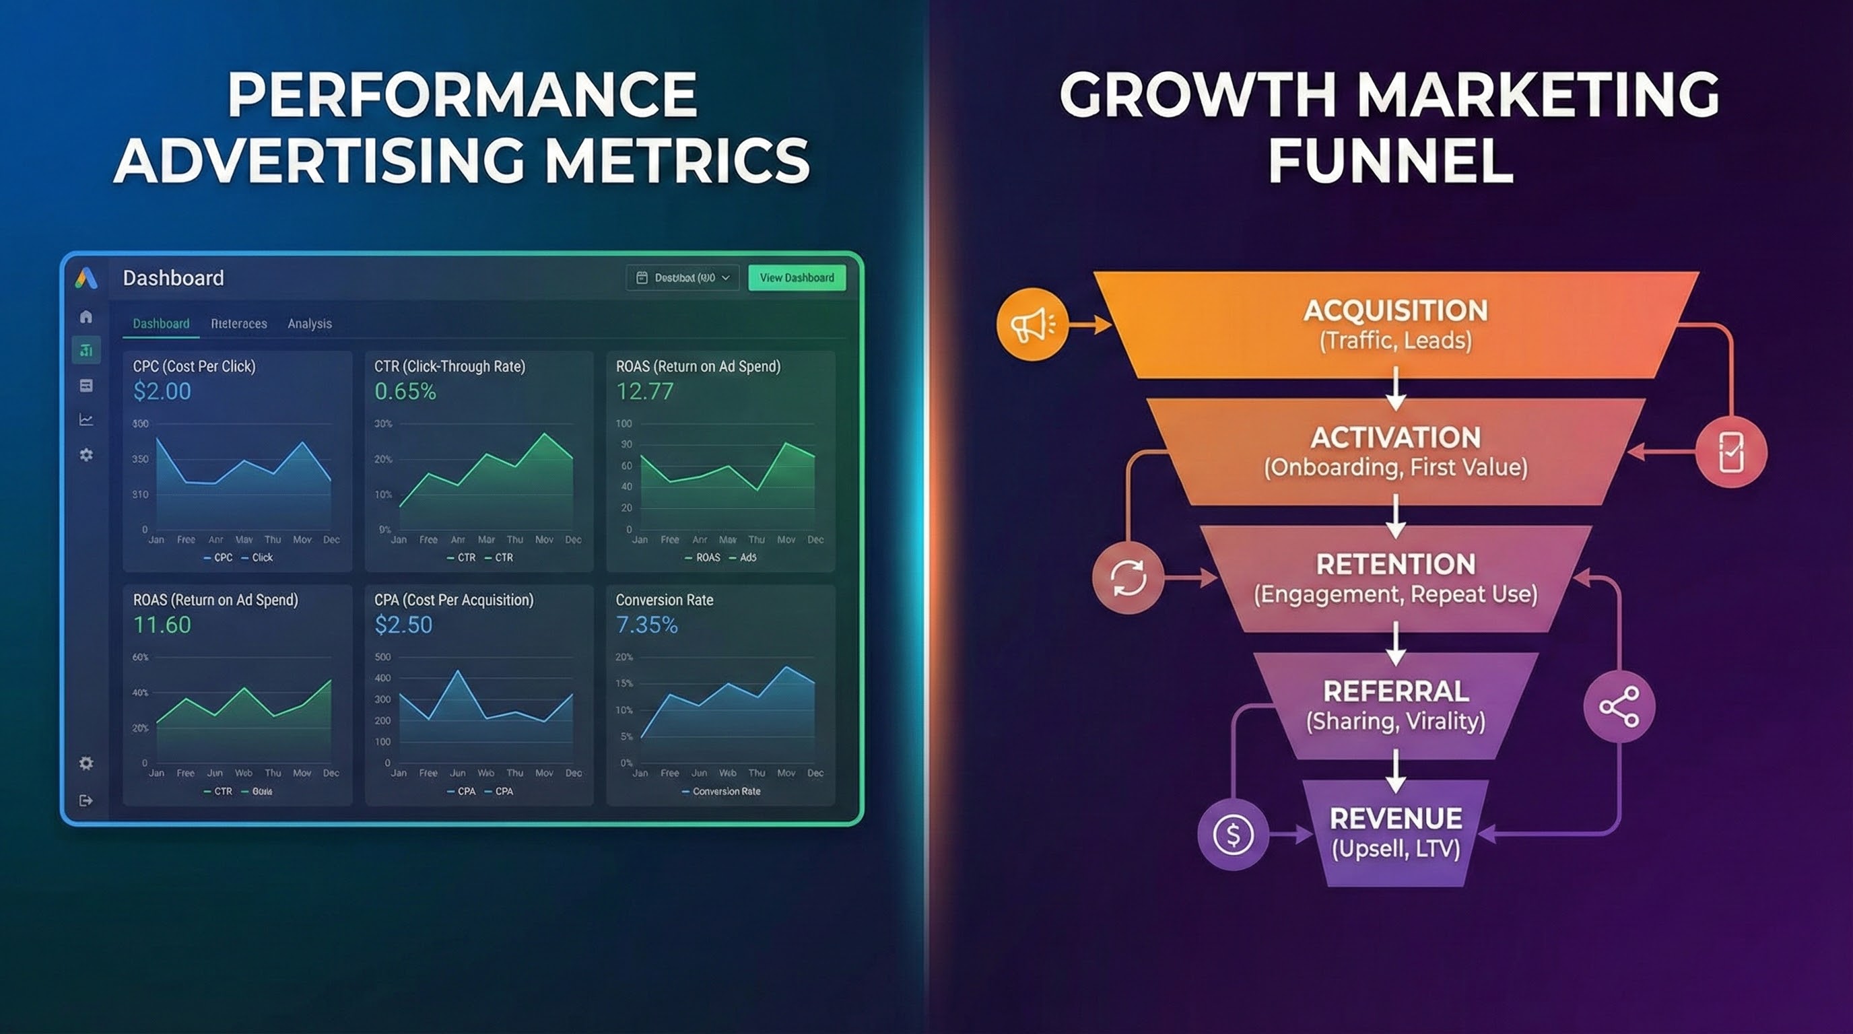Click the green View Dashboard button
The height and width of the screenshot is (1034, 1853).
pos(797,277)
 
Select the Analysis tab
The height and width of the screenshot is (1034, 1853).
pos(309,324)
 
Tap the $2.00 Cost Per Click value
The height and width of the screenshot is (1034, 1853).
pos(162,391)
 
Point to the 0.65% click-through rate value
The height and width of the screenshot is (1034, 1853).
pos(405,391)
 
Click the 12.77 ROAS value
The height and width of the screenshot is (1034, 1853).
pos(644,391)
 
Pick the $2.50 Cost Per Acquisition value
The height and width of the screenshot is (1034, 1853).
pos(403,625)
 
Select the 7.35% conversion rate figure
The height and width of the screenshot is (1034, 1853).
pos(646,625)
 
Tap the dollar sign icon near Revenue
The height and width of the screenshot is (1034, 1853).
pos(1232,835)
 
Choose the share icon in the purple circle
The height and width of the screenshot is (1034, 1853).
pos(1619,707)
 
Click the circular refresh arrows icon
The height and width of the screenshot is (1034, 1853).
pos(1127,578)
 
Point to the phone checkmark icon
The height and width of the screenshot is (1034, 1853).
pos(1730,452)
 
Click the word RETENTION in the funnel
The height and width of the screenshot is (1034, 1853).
pos(1396,564)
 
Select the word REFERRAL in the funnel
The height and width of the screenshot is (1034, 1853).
pos(1396,691)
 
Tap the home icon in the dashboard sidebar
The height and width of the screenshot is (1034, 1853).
pos(86,316)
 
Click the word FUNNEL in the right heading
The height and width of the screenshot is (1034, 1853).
pos(1390,160)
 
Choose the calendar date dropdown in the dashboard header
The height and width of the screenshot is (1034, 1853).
pos(683,277)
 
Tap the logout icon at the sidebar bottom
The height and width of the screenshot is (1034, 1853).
pos(86,800)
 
